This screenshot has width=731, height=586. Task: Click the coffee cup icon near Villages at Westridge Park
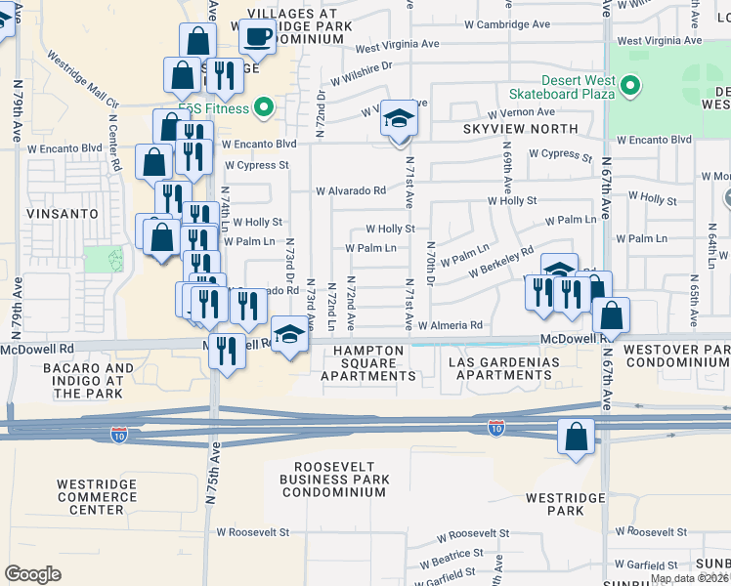(258, 37)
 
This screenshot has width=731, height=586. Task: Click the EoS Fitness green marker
(262, 106)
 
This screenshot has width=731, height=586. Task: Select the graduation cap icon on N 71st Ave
(396, 119)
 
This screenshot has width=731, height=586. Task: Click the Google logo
(32, 574)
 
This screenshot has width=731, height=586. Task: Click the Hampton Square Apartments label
(369, 362)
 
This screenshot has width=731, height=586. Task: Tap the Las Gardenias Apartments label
(503, 369)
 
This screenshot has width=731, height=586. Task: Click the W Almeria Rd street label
(451, 325)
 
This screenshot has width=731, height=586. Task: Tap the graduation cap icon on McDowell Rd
(287, 337)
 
